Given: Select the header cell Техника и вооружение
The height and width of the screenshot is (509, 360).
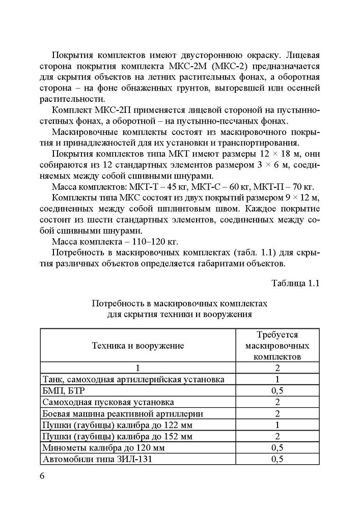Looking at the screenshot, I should point(137,346).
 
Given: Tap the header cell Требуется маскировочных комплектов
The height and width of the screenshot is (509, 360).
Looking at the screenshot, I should point(278,346).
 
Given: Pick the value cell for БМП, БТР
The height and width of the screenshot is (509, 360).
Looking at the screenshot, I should point(278,390).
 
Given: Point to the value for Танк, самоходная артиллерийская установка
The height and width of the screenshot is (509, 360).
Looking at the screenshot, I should point(278,379).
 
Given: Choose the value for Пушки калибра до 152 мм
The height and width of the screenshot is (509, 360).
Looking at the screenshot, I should point(278,436).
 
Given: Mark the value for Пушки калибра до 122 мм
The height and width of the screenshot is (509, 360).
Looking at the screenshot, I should point(278,425).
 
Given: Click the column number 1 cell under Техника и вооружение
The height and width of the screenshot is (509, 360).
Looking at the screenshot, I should point(137,367).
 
